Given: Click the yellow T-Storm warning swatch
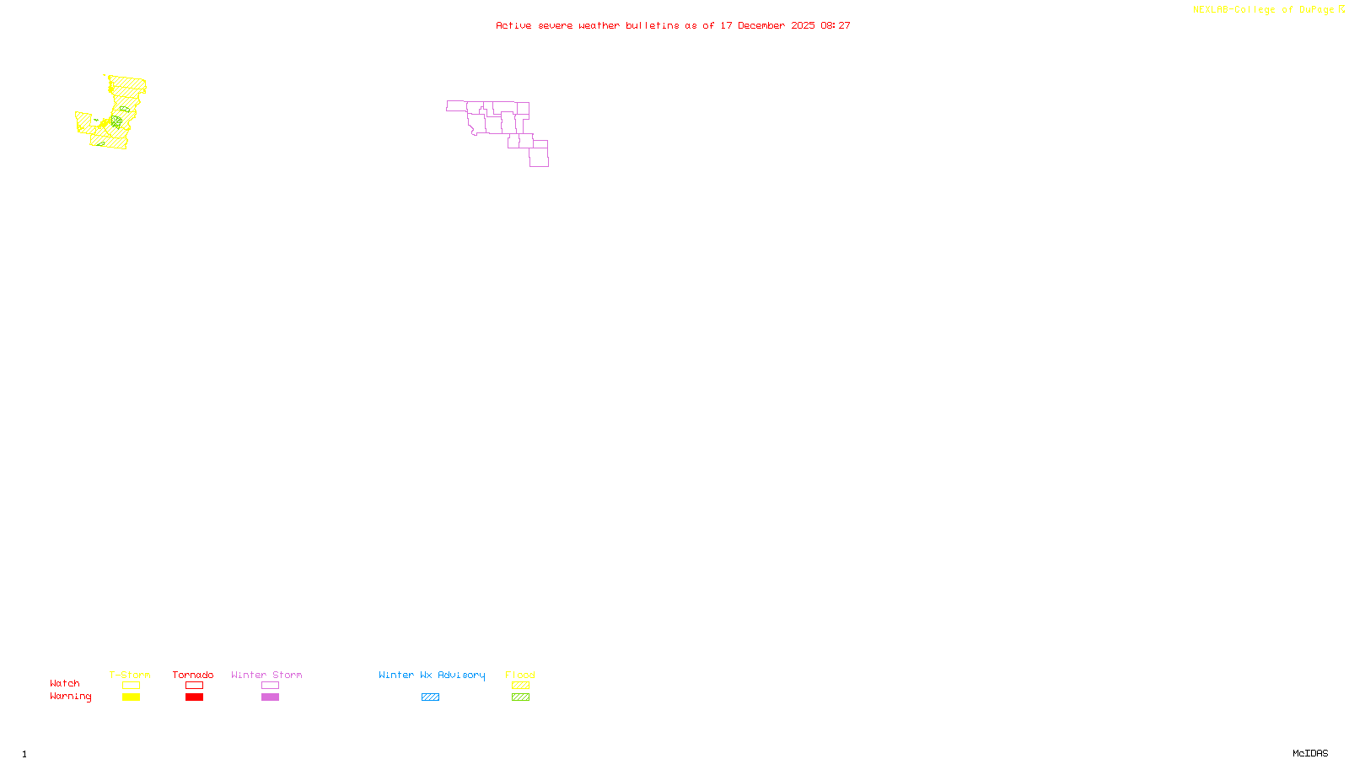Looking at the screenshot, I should (131, 697).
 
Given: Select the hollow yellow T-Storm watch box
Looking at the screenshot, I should (131, 686).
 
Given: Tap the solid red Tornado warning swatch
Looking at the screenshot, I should (194, 697).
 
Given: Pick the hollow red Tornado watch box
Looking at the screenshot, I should (194, 686).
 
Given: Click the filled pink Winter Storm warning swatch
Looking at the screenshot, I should (270, 697).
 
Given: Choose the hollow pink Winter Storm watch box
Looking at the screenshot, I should (270, 686).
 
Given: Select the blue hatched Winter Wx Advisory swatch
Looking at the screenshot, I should (430, 697).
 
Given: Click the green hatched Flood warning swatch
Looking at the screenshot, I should (520, 697).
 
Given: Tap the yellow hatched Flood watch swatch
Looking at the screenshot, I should (520, 686).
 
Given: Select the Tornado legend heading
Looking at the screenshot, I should (193, 675).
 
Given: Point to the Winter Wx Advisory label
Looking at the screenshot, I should (432, 675).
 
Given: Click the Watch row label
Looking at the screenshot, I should (65, 683).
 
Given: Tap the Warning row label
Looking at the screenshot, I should (70, 697).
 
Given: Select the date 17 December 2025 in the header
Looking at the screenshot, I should (767, 25).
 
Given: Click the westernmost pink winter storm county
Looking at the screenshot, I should (456, 105).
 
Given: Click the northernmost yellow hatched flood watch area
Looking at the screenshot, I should (128, 83).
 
